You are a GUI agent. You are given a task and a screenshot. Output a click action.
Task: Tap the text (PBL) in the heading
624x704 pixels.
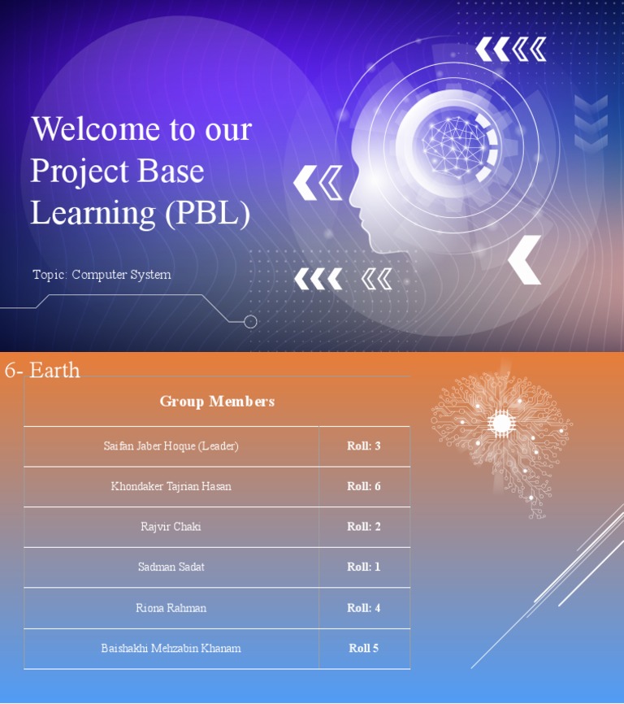point(207,212)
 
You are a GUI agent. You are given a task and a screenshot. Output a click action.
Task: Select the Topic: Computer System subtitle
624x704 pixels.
point(102,275)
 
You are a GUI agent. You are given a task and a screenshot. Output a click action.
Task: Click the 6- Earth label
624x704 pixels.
point(42,371)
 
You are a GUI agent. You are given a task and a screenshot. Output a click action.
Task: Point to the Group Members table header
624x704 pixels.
point(217,401)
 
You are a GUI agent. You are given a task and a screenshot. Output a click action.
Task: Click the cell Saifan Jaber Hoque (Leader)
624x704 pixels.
point(171,446)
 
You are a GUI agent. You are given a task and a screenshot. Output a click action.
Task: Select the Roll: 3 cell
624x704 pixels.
point(363,446)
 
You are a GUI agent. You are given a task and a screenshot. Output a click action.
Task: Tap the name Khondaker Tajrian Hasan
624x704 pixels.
point(171,486)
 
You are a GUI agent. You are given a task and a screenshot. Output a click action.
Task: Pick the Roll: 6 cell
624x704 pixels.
point(363,486)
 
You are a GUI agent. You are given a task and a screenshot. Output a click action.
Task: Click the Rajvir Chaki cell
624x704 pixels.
point(171,527)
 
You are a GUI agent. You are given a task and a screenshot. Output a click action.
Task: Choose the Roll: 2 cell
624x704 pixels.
point(363,527)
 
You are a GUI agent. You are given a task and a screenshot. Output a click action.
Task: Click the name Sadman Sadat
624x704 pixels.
point(171,567)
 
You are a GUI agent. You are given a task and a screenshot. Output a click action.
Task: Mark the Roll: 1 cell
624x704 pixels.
point(363,567)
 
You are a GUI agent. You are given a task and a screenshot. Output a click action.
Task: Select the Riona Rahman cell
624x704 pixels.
point(171,608)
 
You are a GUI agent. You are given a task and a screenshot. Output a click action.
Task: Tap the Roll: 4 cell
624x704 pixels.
point(363,608)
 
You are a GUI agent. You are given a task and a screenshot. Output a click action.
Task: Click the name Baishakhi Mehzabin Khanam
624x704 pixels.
point(171,649)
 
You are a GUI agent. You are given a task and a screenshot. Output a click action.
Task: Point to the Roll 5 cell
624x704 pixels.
point(363,649)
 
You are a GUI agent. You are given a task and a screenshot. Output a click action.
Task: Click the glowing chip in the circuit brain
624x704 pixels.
point(500,423)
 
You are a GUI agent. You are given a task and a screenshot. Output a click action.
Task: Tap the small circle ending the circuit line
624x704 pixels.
point(250,322)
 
